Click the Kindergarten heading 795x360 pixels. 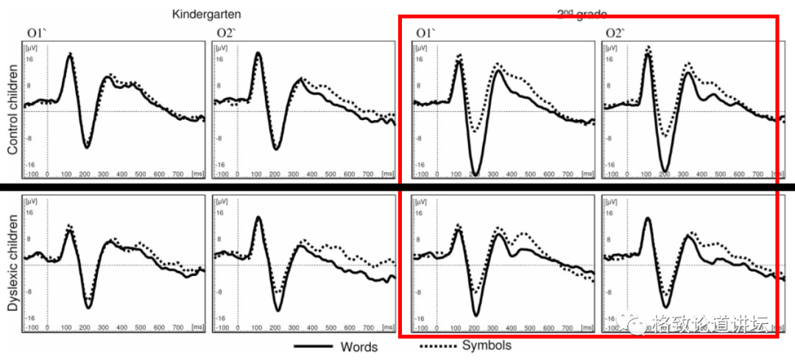(x=207, y=14)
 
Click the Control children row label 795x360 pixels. (x=13, y=109)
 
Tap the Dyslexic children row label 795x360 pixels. (x=13, y=263)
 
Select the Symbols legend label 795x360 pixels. (x=487, y=345)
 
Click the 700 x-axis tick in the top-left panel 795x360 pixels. (x=178, y=174)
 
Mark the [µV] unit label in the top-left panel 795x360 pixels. (x=30, y=47)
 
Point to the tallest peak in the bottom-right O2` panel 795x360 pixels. (x=648, y=219)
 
